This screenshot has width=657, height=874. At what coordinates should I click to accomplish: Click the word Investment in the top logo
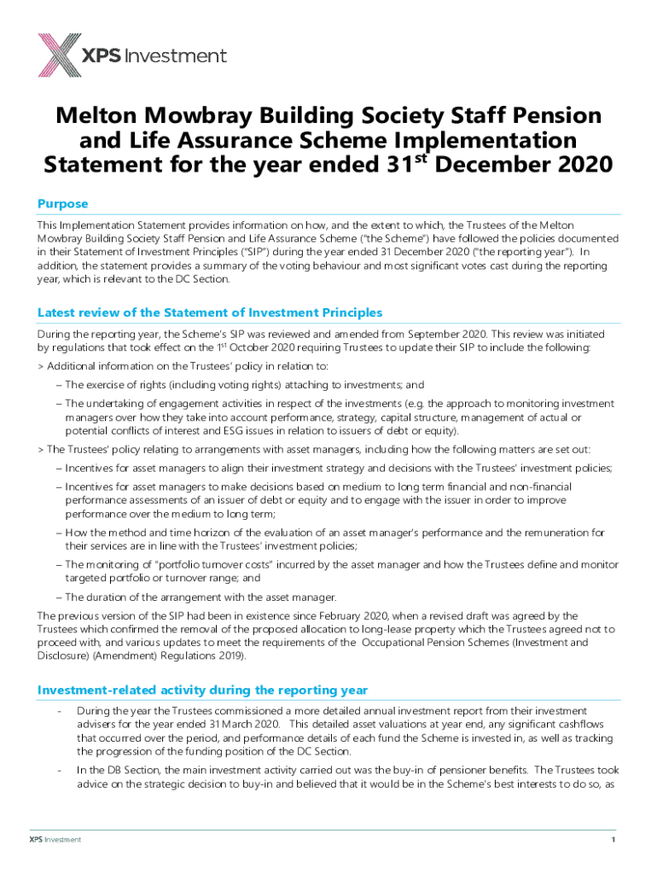point(176,56)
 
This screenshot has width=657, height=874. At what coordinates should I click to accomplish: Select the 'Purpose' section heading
point(62,204)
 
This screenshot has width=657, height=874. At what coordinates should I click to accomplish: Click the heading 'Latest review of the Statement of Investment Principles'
point(210,312)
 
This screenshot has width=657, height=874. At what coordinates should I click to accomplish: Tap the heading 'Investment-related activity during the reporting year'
point(203,690)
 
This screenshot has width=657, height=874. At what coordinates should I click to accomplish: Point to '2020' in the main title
point(581,164)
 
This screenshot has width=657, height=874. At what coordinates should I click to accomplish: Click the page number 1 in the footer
point(613,840)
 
